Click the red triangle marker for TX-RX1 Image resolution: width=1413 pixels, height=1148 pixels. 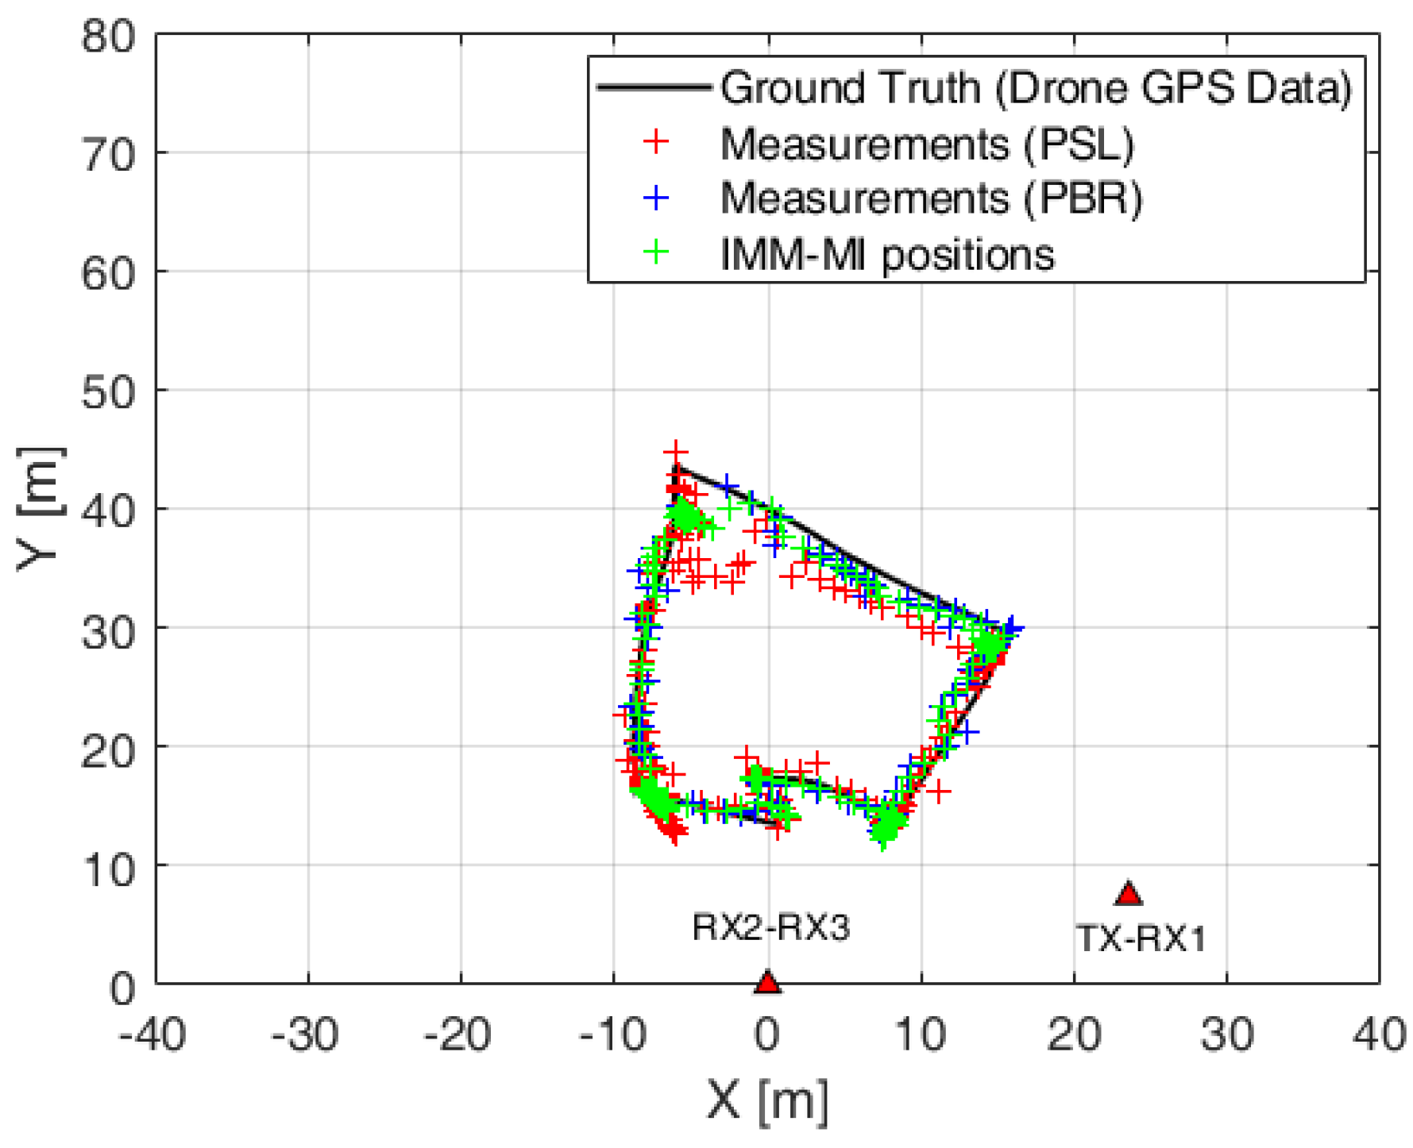coord(1128,895)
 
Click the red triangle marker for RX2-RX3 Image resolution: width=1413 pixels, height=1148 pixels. coord(766,983)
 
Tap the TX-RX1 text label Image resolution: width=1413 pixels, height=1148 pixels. coord(1141,939)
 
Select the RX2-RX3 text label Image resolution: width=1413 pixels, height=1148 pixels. coord(770,927)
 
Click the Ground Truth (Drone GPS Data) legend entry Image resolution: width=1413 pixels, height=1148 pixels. coord(1036,87)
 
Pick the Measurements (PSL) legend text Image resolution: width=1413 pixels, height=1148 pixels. coord(927,144)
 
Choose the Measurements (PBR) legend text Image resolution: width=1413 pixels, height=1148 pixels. coord(931,198)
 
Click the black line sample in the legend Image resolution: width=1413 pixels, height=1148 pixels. coord(653,87)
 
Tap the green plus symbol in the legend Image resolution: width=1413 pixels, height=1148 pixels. coord(656,253)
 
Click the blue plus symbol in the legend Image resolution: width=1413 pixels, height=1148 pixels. coord(656,198)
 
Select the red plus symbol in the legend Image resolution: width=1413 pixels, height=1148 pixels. coord(656,143)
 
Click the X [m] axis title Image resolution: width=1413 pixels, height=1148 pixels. coord(767,1101)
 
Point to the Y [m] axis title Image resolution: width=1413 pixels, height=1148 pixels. coord(39,509)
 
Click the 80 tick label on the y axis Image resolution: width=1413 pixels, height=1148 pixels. coord(109,37)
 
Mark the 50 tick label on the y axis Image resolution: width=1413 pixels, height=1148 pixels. coord(109,391)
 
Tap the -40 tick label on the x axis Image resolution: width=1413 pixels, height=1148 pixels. coord(152,1035)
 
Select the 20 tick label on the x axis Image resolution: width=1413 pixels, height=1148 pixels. coord(1074,1035)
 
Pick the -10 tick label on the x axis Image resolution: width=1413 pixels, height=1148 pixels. coord(612,1035)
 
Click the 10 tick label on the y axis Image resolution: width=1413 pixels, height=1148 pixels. coord(109,869)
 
